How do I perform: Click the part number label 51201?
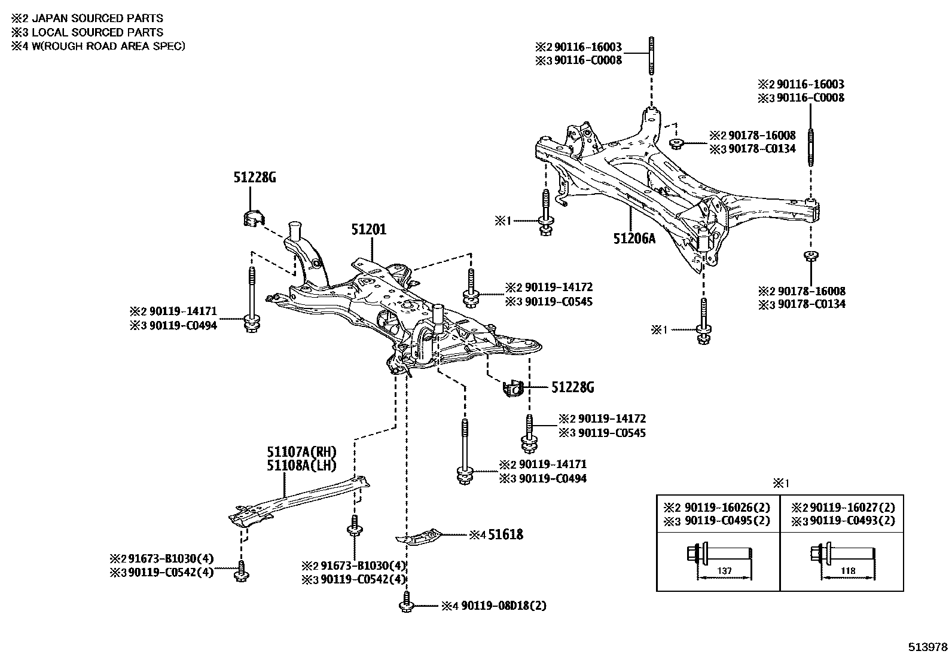click(x=368, y=230)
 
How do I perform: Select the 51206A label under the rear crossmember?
click(x=634, y=239)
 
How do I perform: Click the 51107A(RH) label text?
click(x=302, y=452)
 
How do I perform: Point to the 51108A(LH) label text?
click(x=301, y=466)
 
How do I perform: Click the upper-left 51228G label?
click(x=254, y=177)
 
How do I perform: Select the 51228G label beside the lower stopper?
click(x=572, y=388)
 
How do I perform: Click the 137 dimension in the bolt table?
click(x=724, y=571)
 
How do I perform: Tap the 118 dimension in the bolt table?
click(x=848, y=571)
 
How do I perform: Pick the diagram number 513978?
click(x=928, y=647)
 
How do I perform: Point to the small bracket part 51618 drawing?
click(x=421, y=535)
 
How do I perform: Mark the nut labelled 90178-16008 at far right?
click(x=811, y=256)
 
